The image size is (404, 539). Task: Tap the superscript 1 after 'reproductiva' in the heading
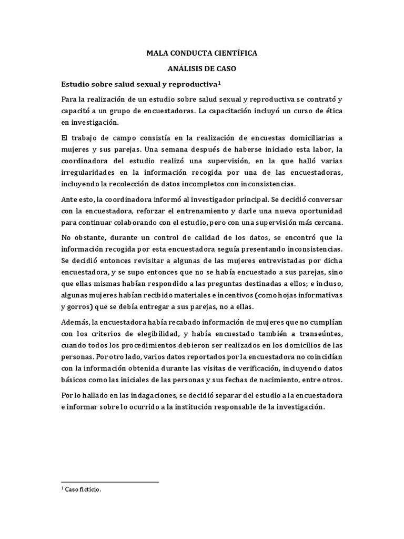219,82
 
